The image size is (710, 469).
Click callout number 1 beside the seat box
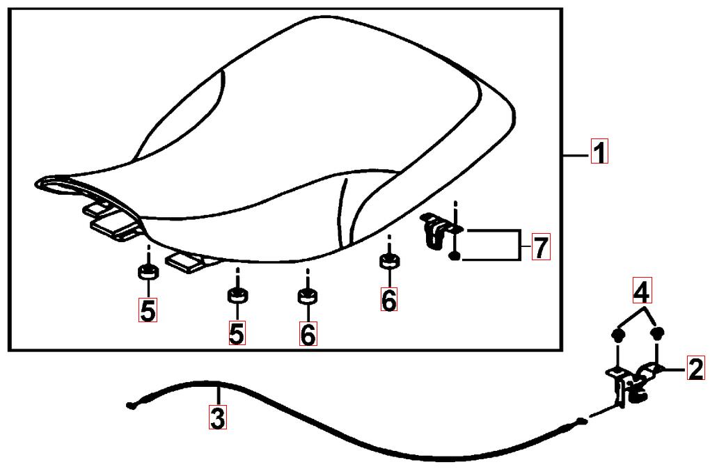tap(599, 152)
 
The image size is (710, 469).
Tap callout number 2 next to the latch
tap(696, 368)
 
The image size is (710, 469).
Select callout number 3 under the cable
tap(217, 418)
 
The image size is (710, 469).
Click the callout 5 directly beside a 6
tap(237, 333)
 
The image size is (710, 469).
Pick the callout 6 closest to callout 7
tap(389, 299)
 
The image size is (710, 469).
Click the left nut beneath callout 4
tap(617, 334)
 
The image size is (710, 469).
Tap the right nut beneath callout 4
tap(658, 333)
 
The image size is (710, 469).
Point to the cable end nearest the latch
tap(583, 422)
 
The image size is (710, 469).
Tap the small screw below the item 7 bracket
tap(455, 257)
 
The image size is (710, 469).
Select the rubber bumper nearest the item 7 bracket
tap(389, 261)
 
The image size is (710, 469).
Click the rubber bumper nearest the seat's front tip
tap(148, 273)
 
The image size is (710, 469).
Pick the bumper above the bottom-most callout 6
tap(308, 296)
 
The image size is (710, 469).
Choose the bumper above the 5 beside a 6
tap(237, 296)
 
